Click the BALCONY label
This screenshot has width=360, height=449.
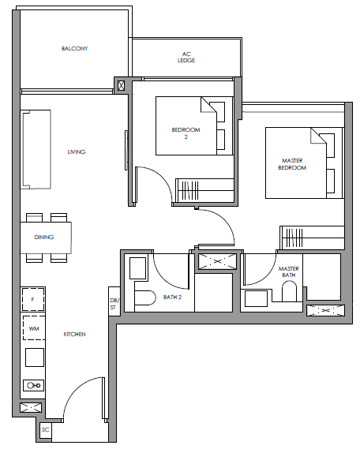(74, 48)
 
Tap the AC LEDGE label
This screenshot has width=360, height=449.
(186, 57)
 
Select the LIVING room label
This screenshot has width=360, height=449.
(77, 152)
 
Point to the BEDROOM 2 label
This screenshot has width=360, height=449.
(186, 133)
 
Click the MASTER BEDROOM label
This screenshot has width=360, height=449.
(292, 164)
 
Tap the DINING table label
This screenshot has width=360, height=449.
(44, 237)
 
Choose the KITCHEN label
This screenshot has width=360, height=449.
(74, 334)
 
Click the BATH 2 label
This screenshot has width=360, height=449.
(172, 297)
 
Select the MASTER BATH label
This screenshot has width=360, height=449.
(289, 271)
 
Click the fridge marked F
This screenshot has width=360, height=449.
(33, 300)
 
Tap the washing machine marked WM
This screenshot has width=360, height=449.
(34, 328)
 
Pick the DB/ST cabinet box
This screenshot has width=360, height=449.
(114, 301)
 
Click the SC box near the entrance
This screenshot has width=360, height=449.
(46, 430)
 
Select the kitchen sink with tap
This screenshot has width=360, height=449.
(34, 385)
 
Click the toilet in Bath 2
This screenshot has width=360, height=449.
(145, 297)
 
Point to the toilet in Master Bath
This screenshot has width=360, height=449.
(289, 291)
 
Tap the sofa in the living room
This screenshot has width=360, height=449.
(36, 149)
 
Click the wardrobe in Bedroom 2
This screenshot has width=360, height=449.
(204, 190)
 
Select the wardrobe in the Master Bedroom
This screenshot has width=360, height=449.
(312, 238)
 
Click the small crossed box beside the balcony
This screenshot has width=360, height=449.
(121, 85)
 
